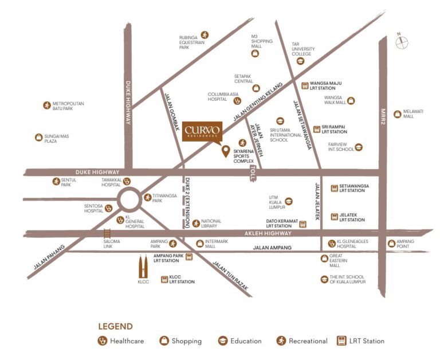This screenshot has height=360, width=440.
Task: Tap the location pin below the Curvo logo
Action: [226, 151]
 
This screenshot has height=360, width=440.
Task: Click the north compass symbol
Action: [402, 41]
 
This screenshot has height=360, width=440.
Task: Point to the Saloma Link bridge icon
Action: [107, 233]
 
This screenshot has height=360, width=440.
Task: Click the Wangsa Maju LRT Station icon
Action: [305, 86]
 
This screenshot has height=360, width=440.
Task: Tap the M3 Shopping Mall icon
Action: [255, 53]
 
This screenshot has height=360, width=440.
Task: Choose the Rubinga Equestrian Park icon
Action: [205, 35]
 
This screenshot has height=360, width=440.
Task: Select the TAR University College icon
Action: [300, 61]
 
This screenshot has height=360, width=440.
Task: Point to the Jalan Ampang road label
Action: [273, 248]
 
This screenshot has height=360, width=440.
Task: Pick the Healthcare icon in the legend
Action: [103, 341]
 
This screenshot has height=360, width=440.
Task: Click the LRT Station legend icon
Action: [343, 341]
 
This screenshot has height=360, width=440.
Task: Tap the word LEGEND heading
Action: [115, 326]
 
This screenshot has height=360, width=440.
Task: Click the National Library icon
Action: [196, 223]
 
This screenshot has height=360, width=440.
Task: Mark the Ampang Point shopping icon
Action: [392, 243]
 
